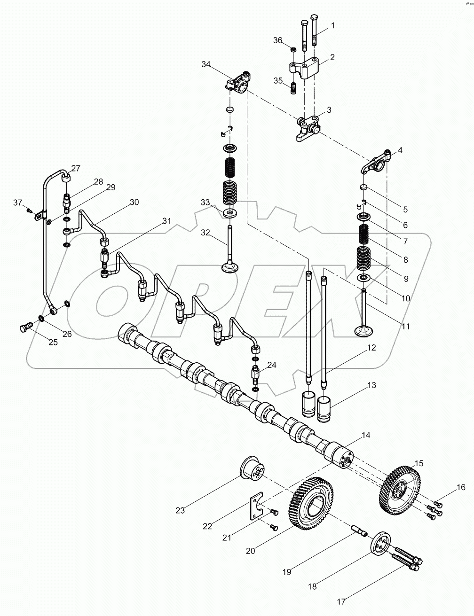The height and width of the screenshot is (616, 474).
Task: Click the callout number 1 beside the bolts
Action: [x=333, y=25]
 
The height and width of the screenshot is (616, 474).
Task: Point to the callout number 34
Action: [x=206, y=64]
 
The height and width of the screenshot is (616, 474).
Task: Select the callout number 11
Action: [x=405, y=326]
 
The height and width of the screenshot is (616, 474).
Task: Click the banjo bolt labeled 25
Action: [x=26, y=327]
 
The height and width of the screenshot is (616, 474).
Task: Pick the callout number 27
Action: [x=76, y=169]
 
